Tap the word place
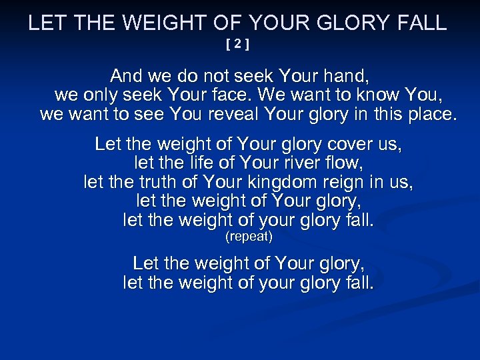pyautogui.click(x=427, y=114)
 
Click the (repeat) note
pyautogui.click(x=249, y=237)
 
